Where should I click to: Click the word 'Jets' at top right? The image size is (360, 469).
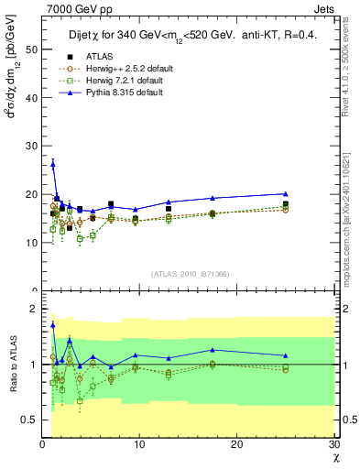point(324,8)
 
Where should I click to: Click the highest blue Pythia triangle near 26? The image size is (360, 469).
point(52,164)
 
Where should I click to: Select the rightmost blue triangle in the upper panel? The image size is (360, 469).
point(286,193)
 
